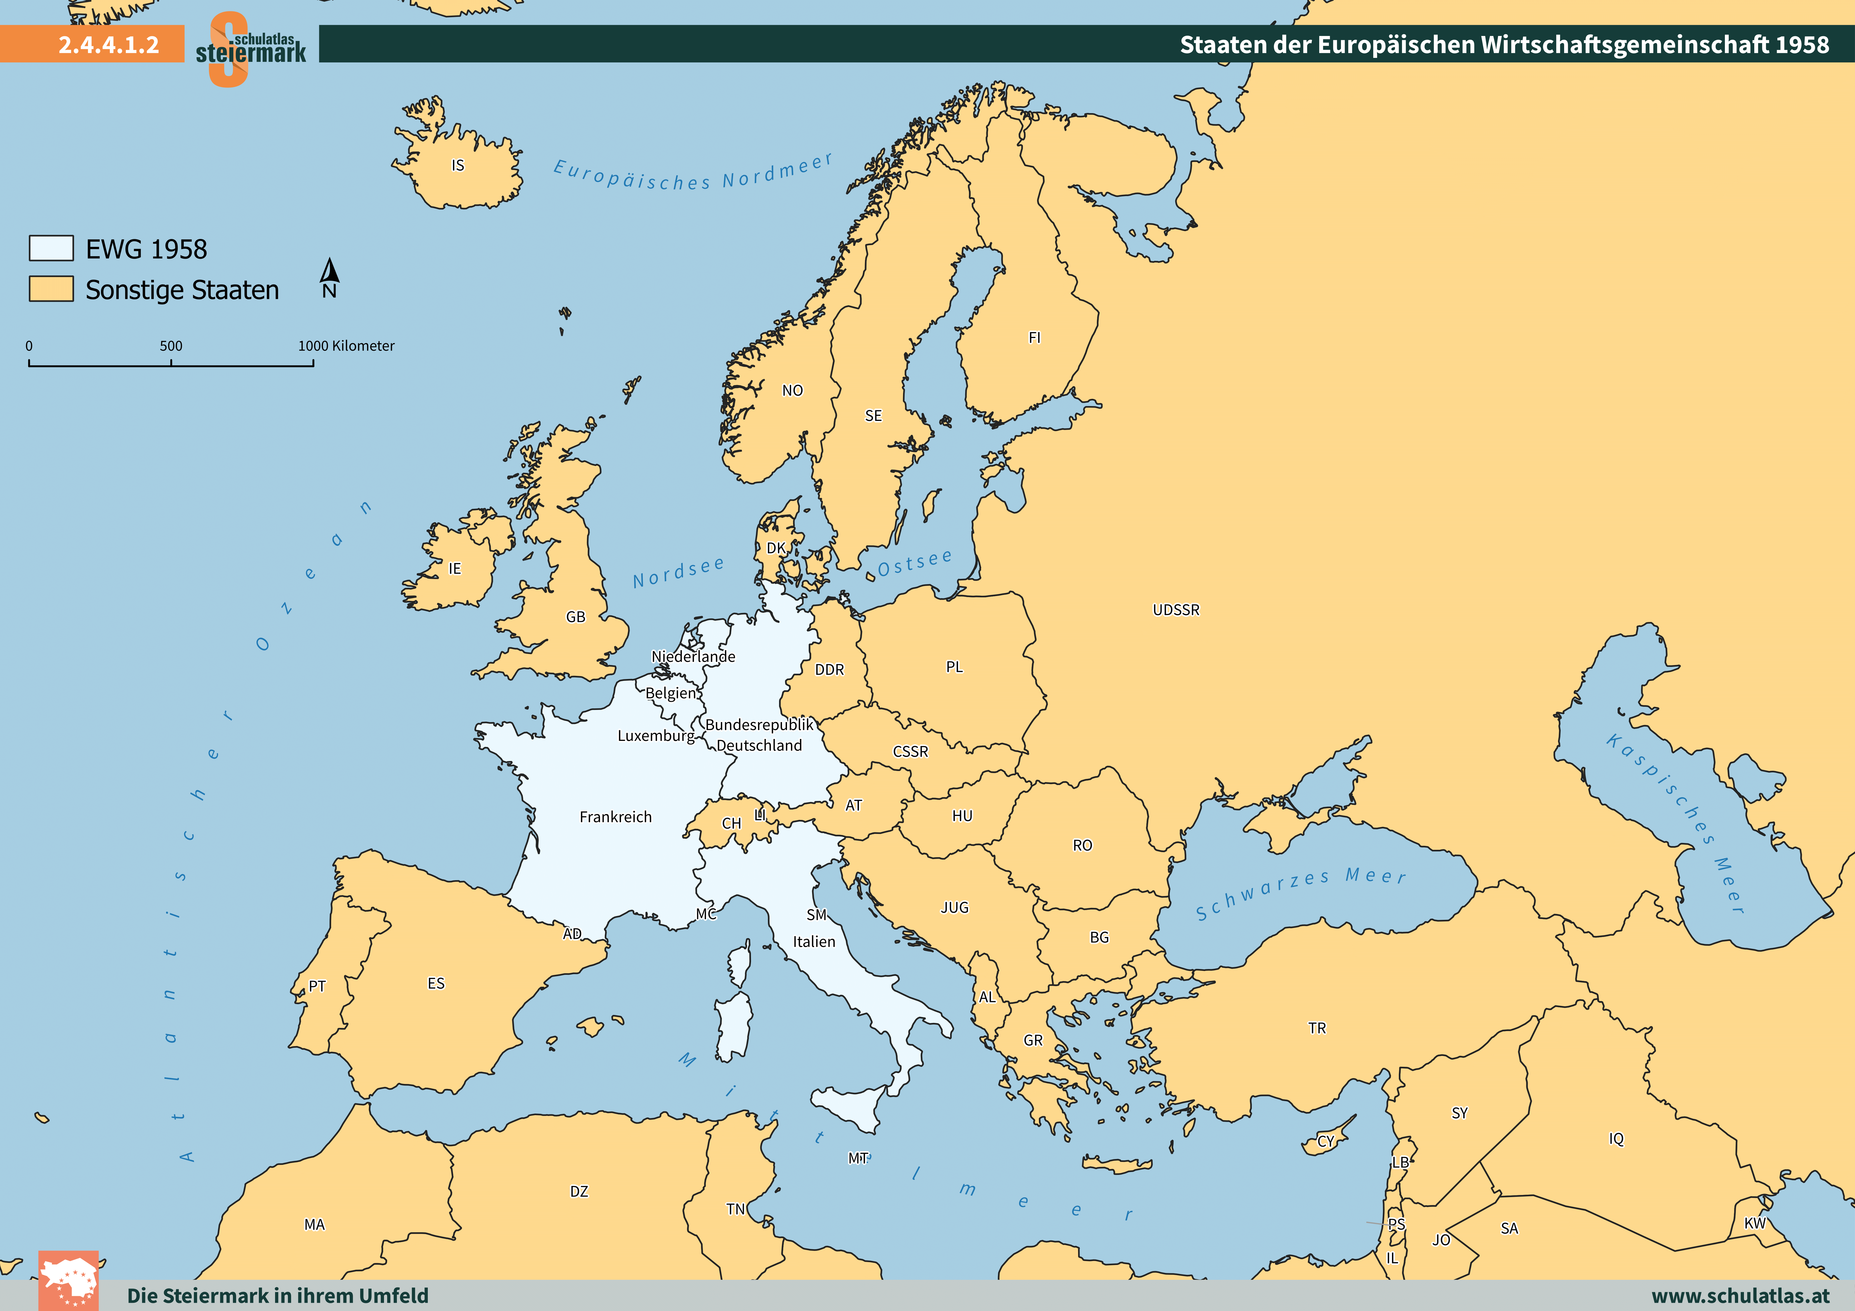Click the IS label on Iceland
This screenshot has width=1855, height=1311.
point(458,165)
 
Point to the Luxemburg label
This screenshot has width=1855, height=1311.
point(655,736)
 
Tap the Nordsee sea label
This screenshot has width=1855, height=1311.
point(679,573)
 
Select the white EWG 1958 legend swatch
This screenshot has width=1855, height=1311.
point(51,248)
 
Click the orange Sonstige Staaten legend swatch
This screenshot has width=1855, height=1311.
point(51,288)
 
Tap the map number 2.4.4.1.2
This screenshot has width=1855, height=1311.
point(108,44)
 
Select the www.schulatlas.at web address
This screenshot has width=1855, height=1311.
point(1740,1296)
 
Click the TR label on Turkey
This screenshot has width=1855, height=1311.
point(1317,1028)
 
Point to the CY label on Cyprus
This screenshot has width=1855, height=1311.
point(1326,1141)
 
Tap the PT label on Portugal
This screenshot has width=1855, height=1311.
point(317,986)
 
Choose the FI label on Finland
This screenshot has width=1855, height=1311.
point(1034,338)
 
